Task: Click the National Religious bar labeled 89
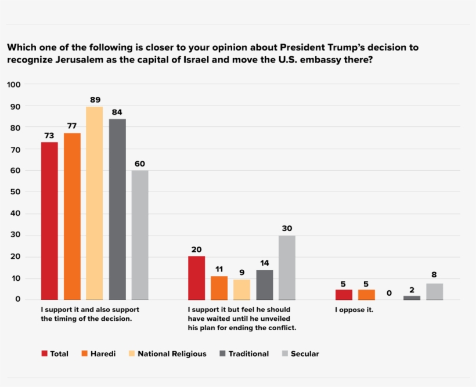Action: (95, 203)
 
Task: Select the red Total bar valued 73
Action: (49, 220)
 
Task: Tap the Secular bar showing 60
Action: (140, 235)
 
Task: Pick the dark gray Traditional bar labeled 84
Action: (117, 209)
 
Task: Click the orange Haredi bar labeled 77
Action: (72, 216)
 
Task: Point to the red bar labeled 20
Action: (196, 277)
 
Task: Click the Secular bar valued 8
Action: (434, 291)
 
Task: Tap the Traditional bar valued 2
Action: (412, 297)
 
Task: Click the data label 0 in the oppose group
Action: (389, 293)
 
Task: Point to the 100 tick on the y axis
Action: (14, 85)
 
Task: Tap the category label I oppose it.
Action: (354, 310)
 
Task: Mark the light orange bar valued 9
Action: (241, 289)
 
